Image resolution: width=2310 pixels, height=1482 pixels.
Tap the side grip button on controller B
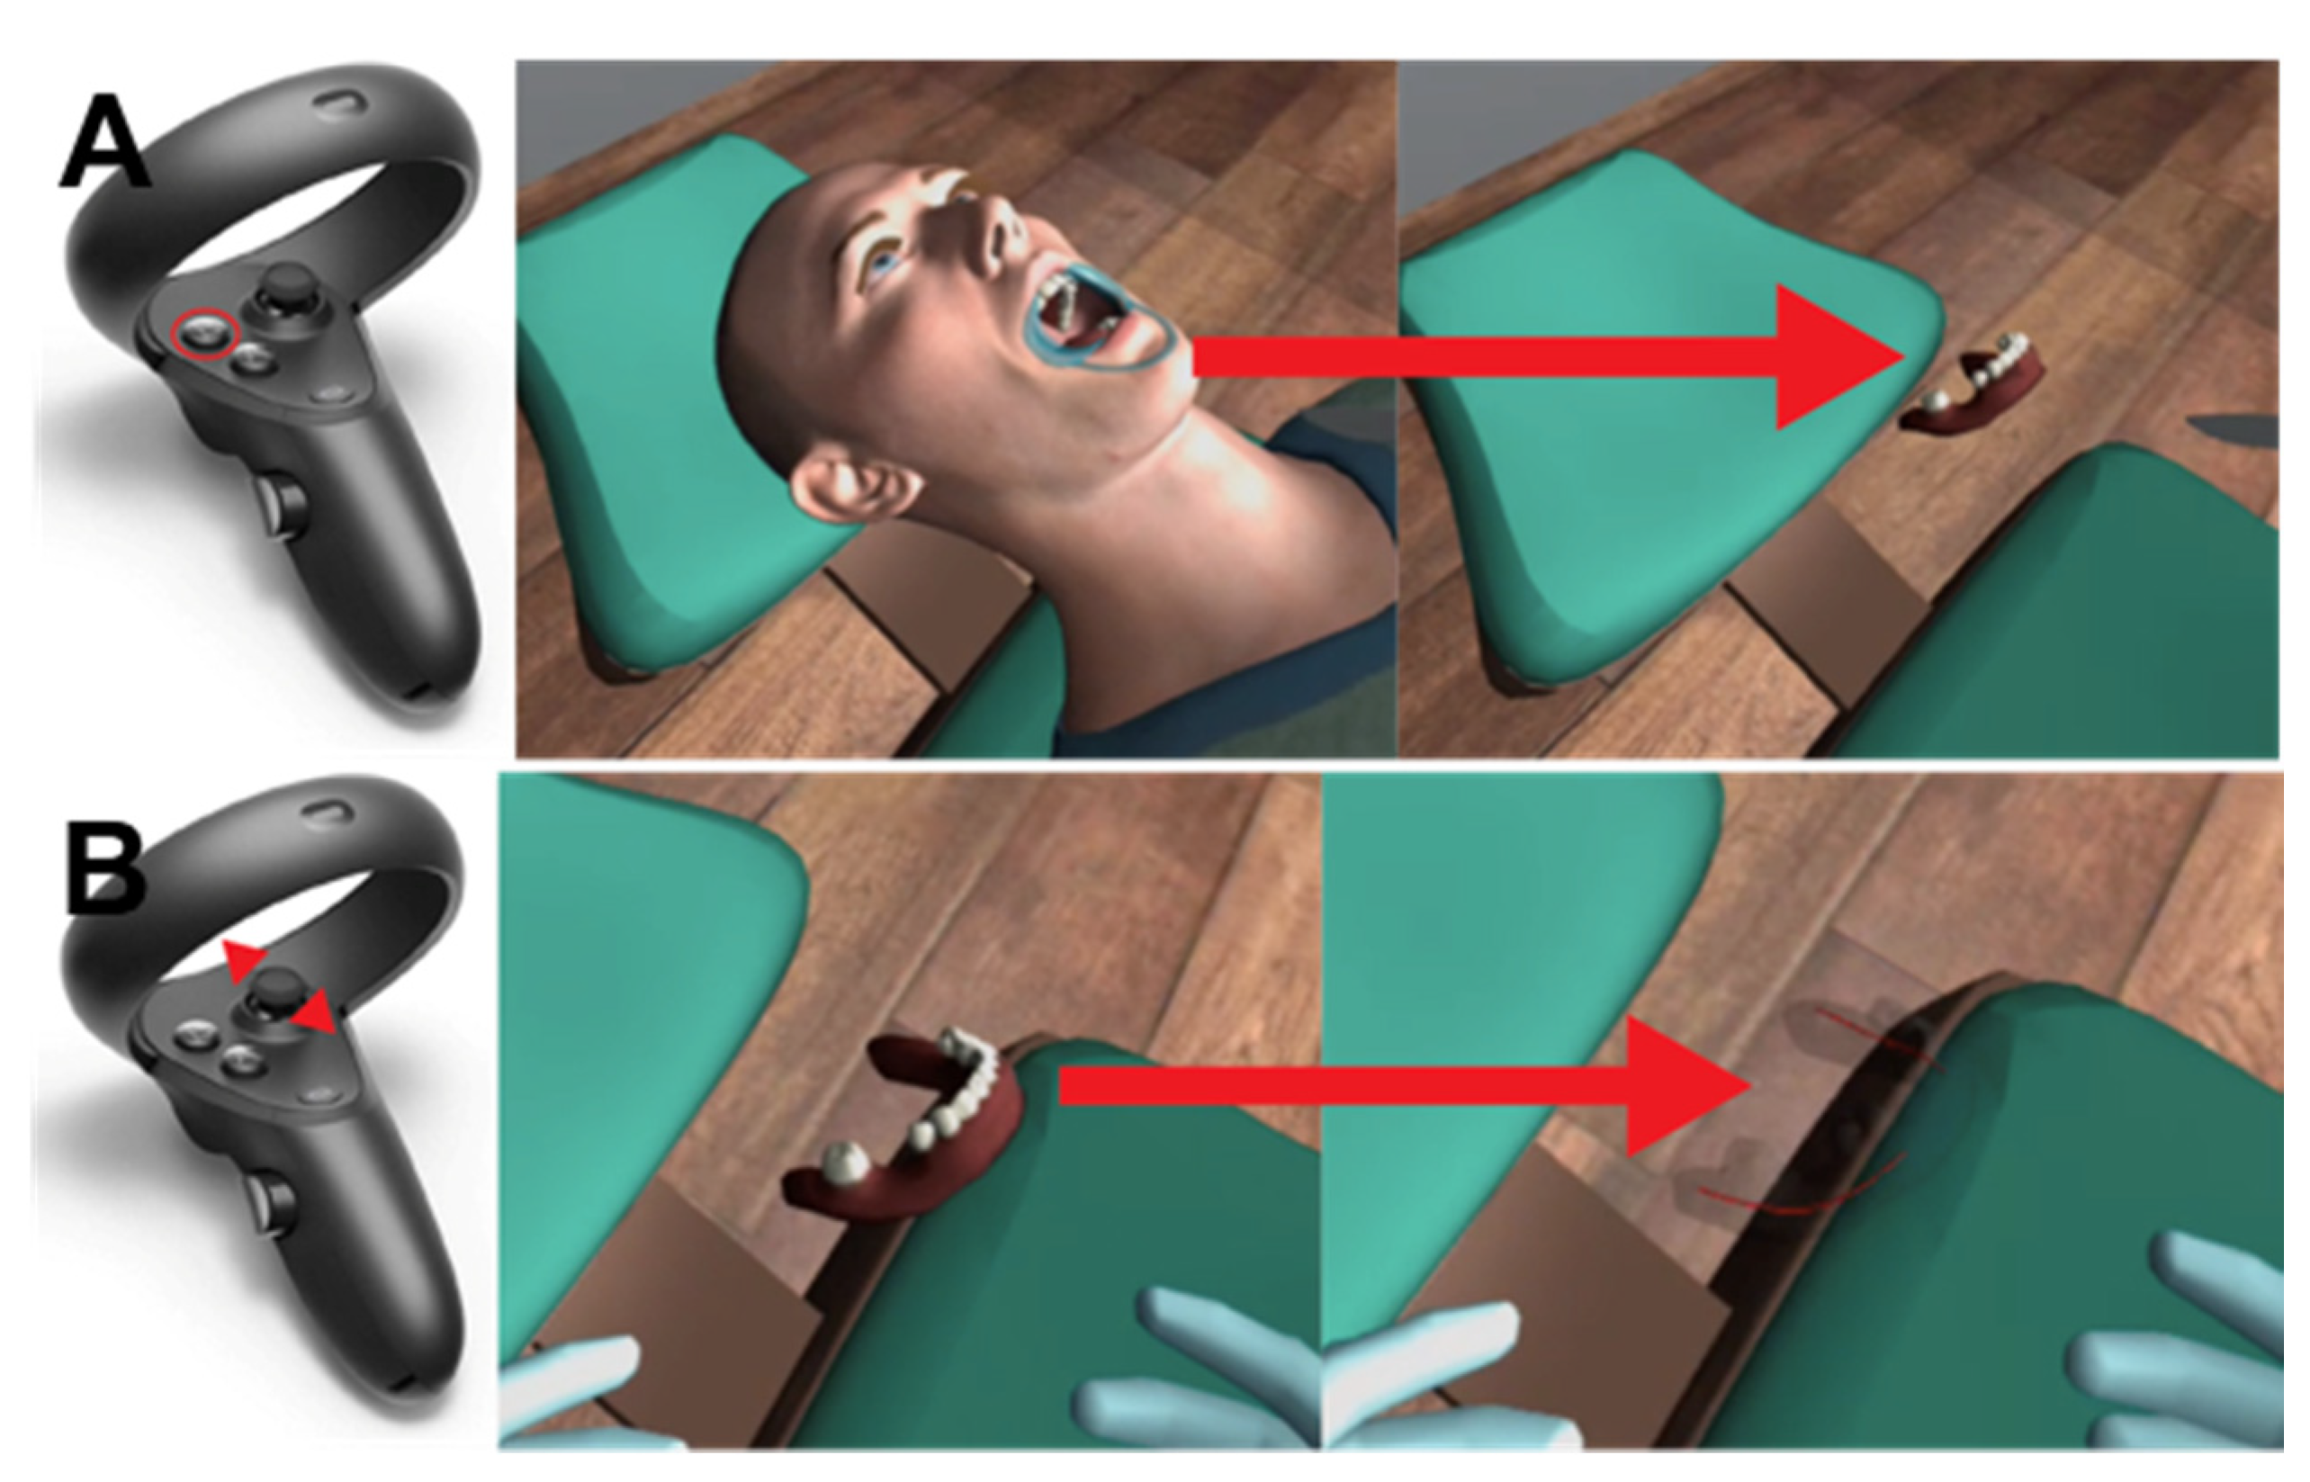(275, 1203)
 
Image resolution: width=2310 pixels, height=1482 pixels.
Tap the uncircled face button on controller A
(252, 362)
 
